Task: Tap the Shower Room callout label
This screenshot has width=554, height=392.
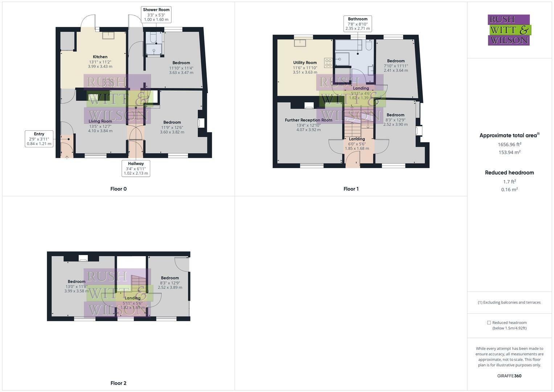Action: coord(156,15)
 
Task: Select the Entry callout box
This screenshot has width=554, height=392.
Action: coord(39,139)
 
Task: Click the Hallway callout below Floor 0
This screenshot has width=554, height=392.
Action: coord(136,168)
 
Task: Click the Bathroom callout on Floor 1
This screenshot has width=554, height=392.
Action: coord(358,24)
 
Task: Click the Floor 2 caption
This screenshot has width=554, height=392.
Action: coord(119,383)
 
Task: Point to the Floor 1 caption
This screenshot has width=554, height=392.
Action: coord(351,189)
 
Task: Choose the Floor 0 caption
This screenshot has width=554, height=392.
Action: coord(119,189)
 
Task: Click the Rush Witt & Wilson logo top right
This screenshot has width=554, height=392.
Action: coord(509,30)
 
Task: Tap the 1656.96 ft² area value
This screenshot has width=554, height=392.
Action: coord(509,144)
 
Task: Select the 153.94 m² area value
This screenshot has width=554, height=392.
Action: coord(509,152)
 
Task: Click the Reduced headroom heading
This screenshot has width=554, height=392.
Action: coord(509,173)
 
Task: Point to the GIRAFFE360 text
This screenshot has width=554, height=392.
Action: coord(509,376)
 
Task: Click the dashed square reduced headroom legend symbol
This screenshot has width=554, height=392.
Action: coord(489,323)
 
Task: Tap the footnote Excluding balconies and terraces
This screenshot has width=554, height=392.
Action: coord(509,302)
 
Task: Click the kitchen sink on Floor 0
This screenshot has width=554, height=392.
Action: coord(108,35)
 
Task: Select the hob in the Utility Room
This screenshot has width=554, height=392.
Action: coord(328,63)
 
